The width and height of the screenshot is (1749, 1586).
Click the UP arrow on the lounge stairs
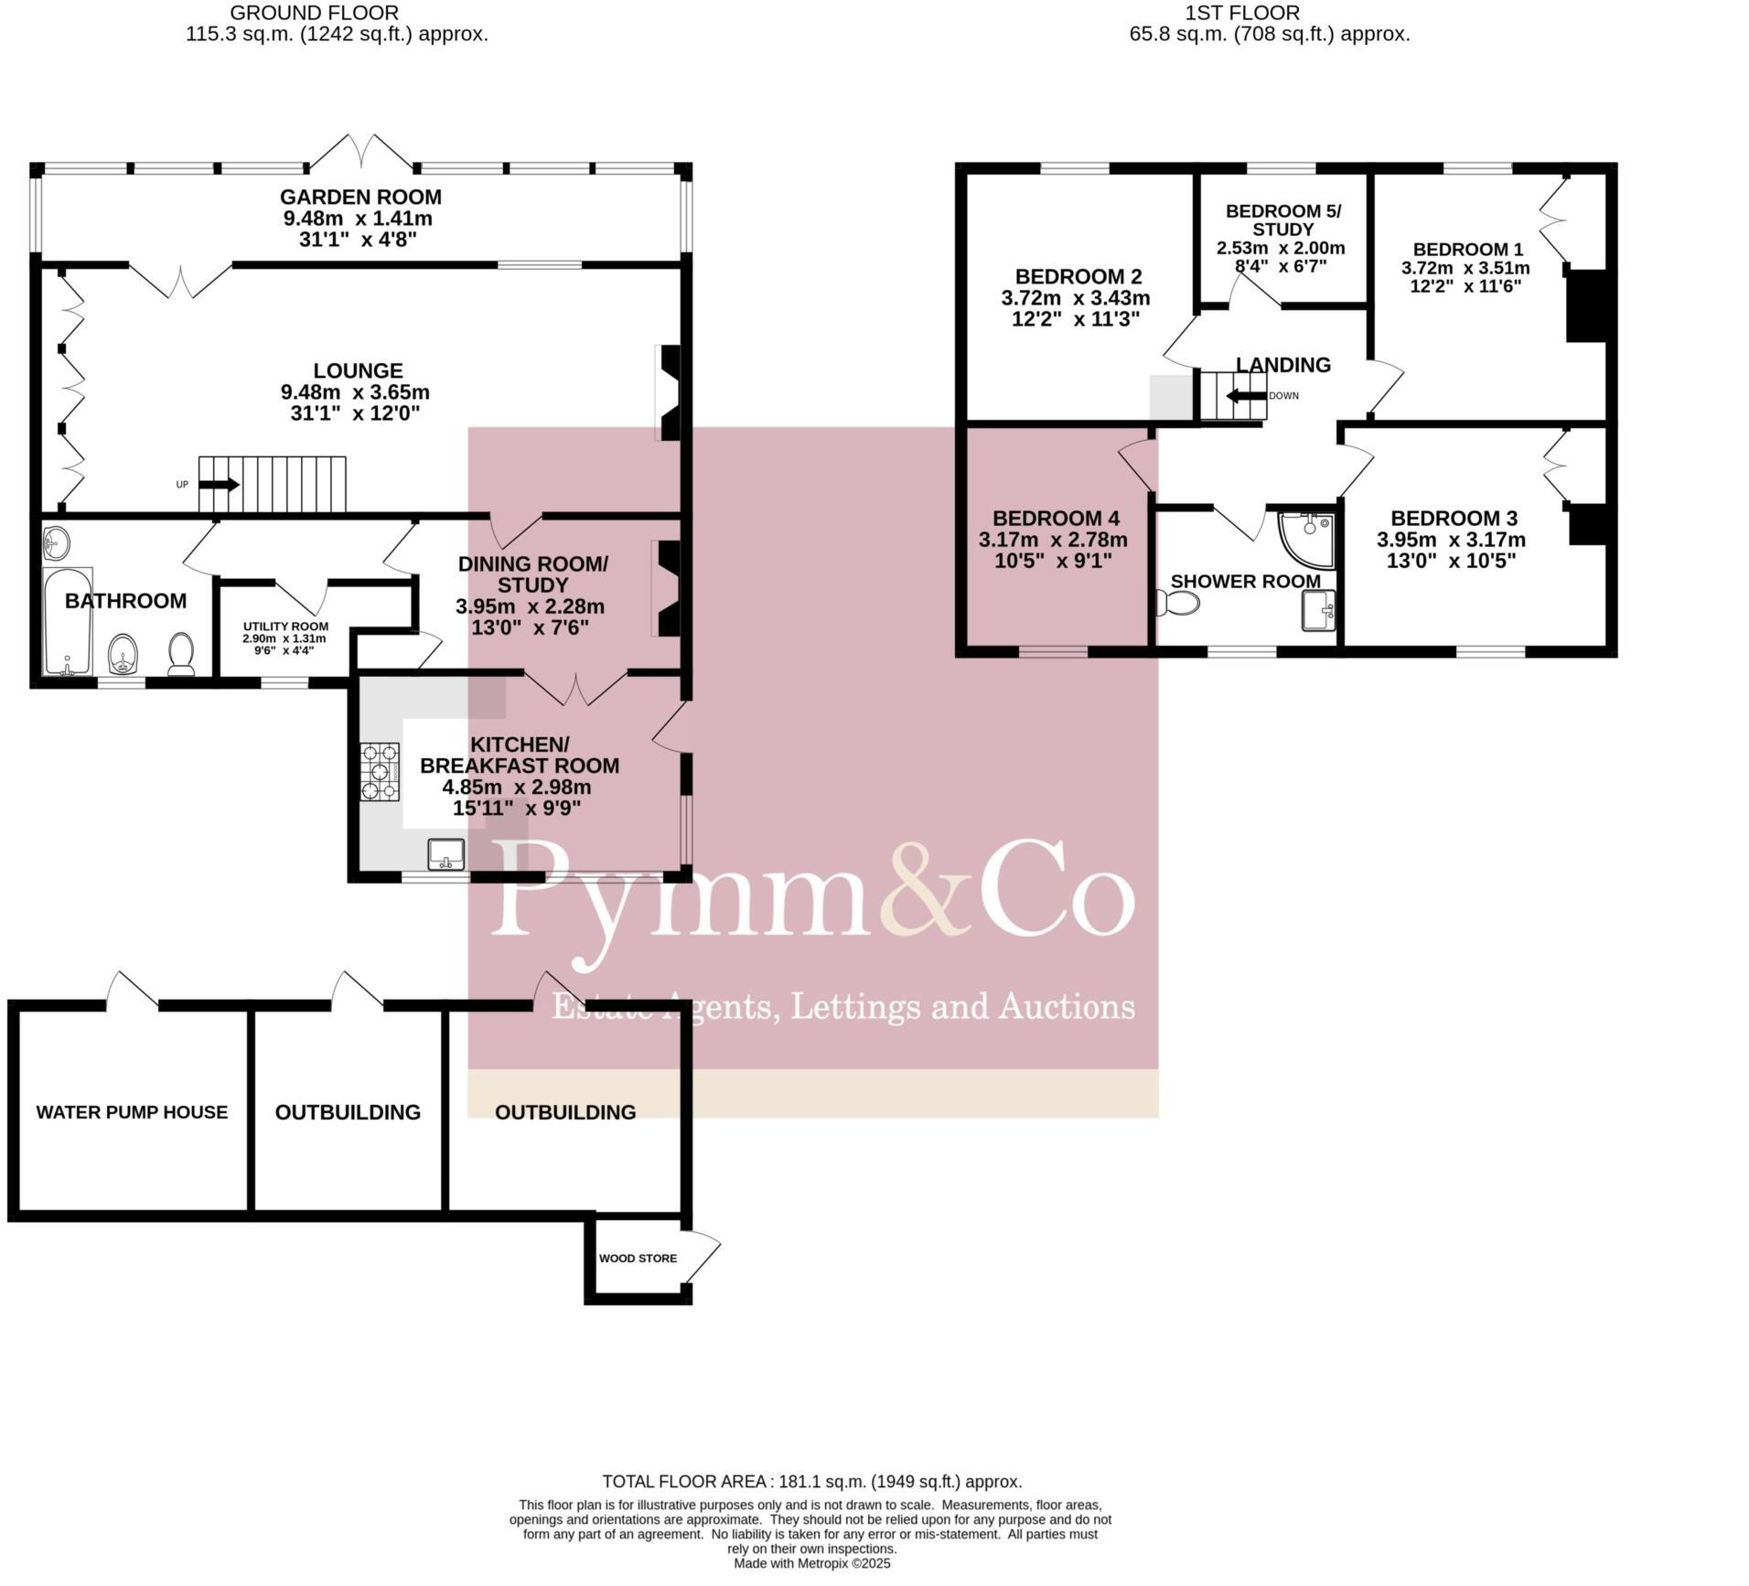219,485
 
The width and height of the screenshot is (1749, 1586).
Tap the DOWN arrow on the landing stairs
1244,396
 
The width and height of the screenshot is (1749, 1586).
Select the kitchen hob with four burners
381,771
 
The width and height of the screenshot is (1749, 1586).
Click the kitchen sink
446,853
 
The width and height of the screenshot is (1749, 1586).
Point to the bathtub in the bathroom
68,620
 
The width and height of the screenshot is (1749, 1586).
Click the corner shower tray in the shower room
1309,538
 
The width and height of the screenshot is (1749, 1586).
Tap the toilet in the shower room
1179,604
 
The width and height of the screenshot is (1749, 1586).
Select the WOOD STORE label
638,1259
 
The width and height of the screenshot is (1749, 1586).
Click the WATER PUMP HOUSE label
132,1112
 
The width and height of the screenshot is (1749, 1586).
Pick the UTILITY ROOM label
285,627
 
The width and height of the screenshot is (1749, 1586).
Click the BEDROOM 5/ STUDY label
1282,220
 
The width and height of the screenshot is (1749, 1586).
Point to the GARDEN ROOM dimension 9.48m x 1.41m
358,219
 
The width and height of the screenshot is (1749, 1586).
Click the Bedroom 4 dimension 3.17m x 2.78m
1053,540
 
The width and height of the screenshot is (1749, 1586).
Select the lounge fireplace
670,391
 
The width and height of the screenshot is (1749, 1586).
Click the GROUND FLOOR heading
314,13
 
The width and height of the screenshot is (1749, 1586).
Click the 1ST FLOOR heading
1241,13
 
